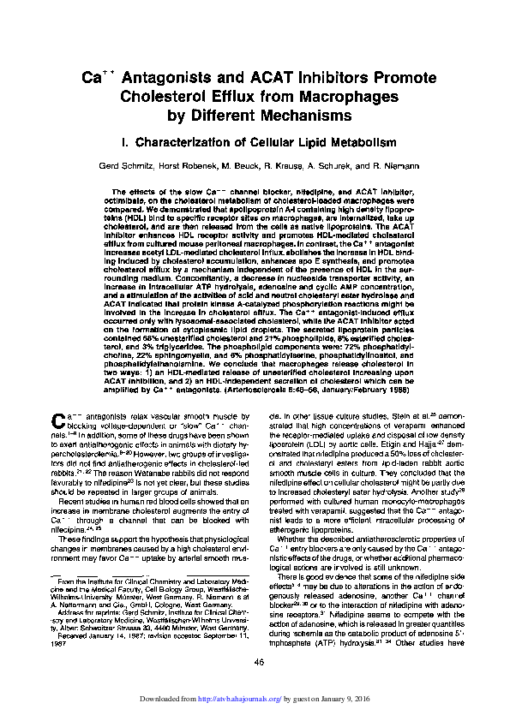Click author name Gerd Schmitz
[x=147, y=164]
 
